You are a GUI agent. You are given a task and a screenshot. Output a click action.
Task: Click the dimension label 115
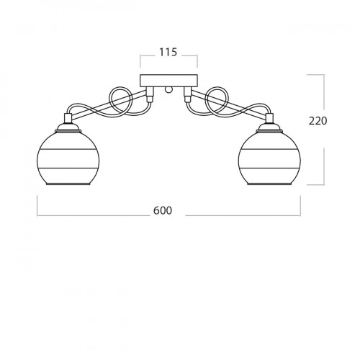tap(168, 52)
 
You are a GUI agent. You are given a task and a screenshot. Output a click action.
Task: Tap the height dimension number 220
tap(318, 121)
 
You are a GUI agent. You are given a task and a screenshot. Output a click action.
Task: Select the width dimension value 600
tap(163, 210)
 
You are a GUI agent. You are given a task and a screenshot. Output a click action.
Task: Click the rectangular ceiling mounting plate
tap(168, 81)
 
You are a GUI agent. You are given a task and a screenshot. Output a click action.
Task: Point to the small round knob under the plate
tap(168, 89)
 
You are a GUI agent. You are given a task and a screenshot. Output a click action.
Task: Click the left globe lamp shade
tap(68, 158)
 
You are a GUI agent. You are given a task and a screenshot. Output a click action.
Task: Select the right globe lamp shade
tap(269, 158)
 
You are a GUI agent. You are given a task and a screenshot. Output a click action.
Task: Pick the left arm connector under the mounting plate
tap(150, 94)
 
